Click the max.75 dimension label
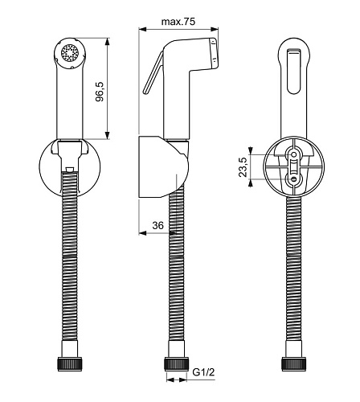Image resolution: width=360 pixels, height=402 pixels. click(x=178, y=22)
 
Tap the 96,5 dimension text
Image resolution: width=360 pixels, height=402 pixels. click(x=100, y=92)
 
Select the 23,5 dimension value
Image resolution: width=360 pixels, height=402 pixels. click(x=243, y=167)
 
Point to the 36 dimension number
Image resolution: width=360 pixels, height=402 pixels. click(x=157, y=225)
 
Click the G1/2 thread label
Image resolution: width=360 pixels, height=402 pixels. click(x=203, y=372)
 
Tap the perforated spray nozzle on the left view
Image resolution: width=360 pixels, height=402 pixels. click(x=69, y=53)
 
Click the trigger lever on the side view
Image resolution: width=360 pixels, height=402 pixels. click(x=153, y=73)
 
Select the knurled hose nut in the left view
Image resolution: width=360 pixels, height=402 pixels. click(x=70, y=363)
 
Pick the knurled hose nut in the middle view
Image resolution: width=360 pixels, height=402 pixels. click(x=176, y=363)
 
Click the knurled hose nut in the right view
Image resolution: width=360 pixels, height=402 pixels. click(x=294, y=363)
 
